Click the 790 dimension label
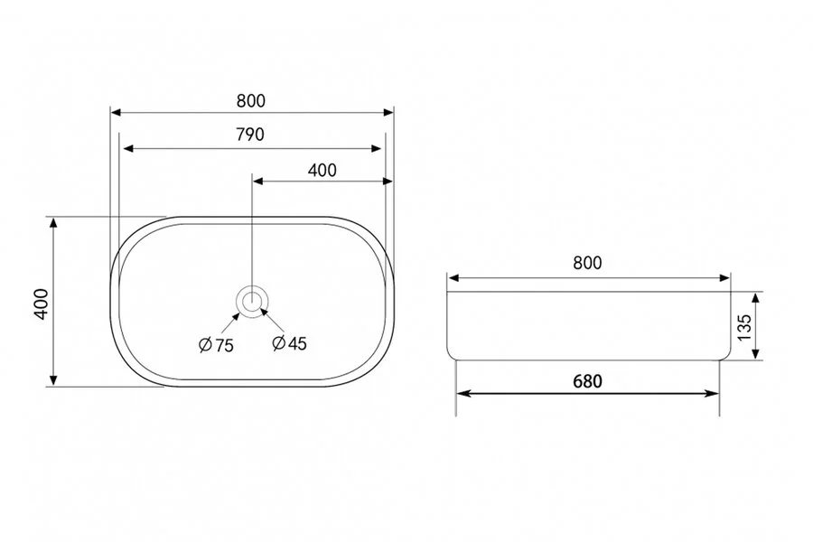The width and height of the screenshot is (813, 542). click(x=250, y=135)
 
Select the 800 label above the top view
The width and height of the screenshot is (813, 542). click(x=251, y=100)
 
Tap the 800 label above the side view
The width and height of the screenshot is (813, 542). click(x=587, y=263)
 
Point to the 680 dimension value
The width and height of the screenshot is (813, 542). click(x=587, y=381)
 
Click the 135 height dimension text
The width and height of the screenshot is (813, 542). click(x=744, y=327)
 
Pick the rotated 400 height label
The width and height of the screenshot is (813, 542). click(x=41, y=304)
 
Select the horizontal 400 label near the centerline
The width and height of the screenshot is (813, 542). click(x=322, y=170)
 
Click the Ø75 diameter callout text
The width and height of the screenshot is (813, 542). click(x=217, y=345)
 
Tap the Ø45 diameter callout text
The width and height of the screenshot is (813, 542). click(x=290, y=343)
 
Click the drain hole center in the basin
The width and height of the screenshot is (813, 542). click(x=252, y=300)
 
